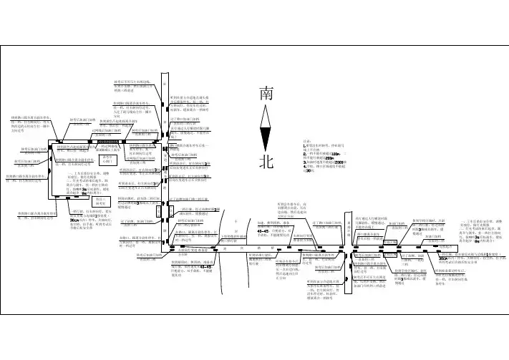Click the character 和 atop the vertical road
166,81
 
